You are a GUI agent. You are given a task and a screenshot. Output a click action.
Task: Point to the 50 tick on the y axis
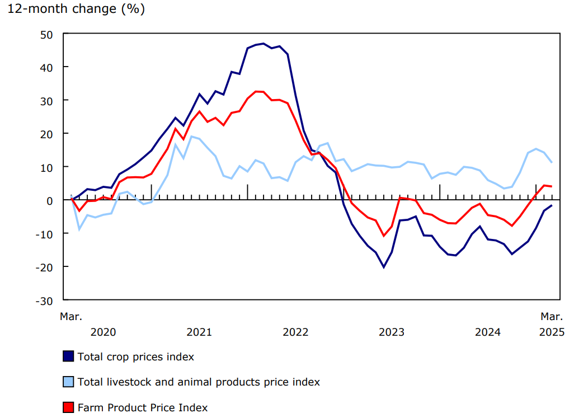pyautogui.click(x=47, y=34)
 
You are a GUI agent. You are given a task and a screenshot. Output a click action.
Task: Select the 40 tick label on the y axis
pyautogui.click(x=47, y=67)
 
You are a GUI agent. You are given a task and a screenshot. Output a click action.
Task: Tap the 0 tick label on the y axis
pyautogui.click(x=50, y=200)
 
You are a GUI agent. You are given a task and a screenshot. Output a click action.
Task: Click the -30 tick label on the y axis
pyautogui.click(x=45, y=300)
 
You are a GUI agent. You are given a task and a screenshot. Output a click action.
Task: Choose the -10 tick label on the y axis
pyautogui.click(x=45, y=233)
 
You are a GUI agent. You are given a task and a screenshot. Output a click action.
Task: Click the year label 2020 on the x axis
pyautogui.click(x=103, y=332)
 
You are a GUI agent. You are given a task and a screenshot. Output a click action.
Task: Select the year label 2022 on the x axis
pyautogui.click(x=295, y=332)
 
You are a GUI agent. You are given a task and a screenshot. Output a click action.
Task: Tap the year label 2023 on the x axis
pyautogui.click(x=392, y=332)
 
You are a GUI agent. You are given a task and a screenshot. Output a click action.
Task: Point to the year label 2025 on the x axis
pyautogui.click(x=552, y=332)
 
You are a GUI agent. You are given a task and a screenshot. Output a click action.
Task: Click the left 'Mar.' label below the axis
pyautogui.click(x=71, y=317)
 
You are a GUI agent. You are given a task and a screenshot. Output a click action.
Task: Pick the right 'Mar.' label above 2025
pyautogui.click(x=552, y=317)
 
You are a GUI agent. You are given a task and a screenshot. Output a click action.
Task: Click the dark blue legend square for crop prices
pyautogui.click(x=68, y=356)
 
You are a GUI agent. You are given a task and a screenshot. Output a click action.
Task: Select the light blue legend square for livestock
pyautogui.click(x=68, y=382)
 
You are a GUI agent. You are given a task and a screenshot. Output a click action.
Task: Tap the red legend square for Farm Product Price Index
pyautogui.click(x=68, y=407)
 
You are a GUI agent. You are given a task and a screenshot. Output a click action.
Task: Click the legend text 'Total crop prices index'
pyautogui.click(x=136, y=356)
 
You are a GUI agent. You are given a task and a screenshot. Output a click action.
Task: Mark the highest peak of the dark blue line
pyautogui.click(x=264, y=43)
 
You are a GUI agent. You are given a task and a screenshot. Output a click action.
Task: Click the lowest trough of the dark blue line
pyautogui.click(x=384, y=267)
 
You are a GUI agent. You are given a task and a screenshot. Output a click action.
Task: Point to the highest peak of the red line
pyautogui.click(x=256, y=91)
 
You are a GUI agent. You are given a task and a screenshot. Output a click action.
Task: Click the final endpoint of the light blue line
pyautogui.click(x=552, y=163)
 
